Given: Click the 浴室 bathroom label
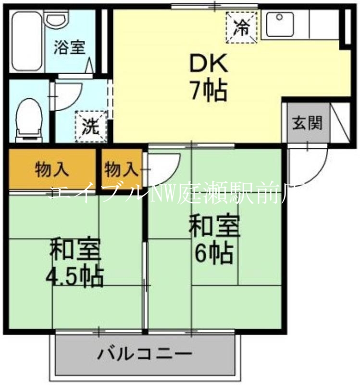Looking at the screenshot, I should [x=70, y=48].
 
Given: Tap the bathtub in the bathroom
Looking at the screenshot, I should [x=26, y=41].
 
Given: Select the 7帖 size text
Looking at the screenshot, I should [x=208, y=90].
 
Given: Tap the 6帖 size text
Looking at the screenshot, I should [x=213, y=253].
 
